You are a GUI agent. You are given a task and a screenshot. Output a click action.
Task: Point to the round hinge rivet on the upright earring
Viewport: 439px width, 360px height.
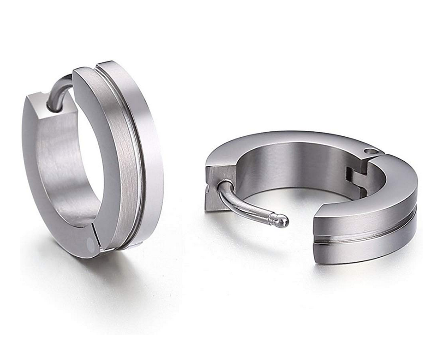(x=90, y=243)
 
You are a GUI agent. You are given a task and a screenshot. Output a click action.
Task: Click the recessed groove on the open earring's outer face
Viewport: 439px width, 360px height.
(x=367, y=235)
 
